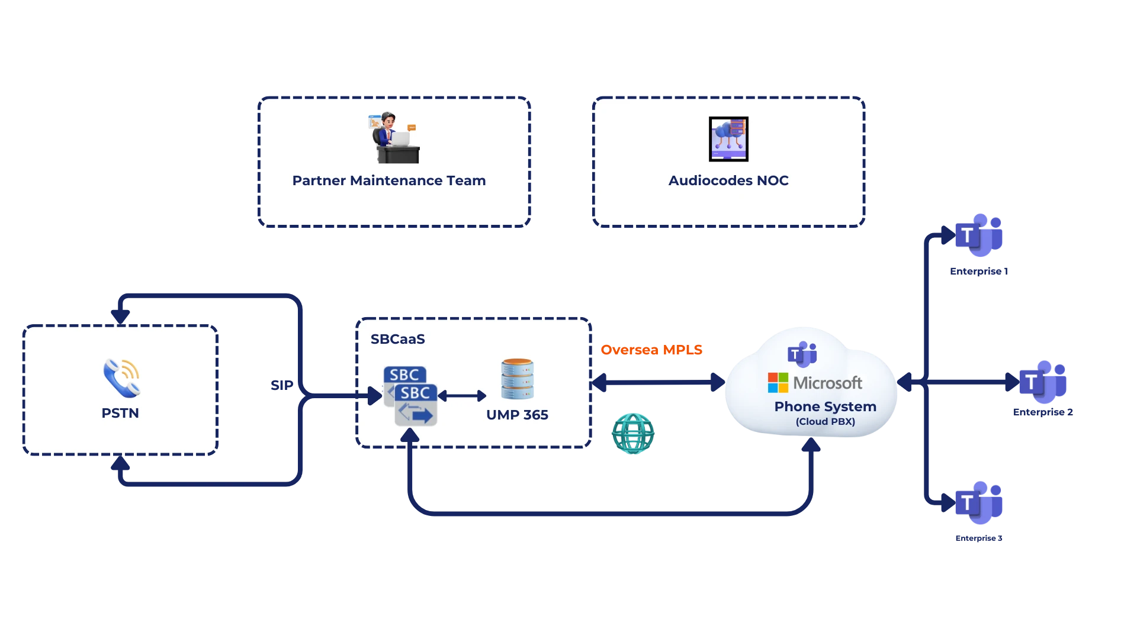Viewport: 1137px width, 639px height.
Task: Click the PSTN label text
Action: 120,413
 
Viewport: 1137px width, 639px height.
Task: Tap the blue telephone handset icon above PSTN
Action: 121,378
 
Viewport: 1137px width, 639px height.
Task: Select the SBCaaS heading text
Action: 398,340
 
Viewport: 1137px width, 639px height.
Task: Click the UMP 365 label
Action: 517,415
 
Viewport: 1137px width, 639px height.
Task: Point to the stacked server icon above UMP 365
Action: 517,379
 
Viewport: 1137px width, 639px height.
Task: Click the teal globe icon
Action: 633,433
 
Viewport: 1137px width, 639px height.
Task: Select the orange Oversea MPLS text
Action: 651,349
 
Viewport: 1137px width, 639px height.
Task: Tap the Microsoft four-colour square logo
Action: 778,383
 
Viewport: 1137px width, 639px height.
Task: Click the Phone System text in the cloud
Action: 825,406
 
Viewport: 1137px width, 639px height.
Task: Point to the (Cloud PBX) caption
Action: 825,421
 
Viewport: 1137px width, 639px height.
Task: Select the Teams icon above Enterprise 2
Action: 1043,382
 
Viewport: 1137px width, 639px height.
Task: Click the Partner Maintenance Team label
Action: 389,180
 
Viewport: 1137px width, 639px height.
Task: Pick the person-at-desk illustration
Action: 394,137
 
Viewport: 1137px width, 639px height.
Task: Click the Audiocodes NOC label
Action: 728,180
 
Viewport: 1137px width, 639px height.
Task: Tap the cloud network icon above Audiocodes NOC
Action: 728,139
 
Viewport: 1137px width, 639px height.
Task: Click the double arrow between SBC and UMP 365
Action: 462,396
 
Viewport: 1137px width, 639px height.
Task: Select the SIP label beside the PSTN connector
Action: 281,386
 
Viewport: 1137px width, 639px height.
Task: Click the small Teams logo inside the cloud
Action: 802,354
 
